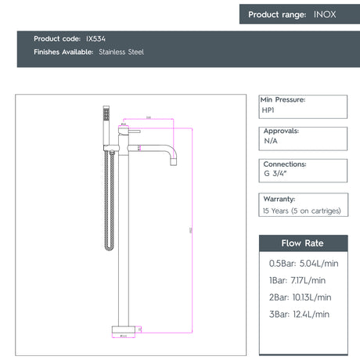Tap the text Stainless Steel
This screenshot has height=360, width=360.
point(121,52)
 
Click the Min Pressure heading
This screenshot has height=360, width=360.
point(283,100)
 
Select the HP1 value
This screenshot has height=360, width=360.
point(268,111)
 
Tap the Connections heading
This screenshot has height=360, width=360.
point(284,164)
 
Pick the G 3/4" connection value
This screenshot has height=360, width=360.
point(274,177)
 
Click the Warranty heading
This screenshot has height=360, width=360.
point(279,199)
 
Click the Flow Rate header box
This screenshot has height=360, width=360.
point(302,243)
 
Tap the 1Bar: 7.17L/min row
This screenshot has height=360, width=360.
point(297,279)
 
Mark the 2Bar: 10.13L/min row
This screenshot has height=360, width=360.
point(301,297)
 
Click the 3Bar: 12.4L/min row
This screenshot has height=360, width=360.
point(299,314)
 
